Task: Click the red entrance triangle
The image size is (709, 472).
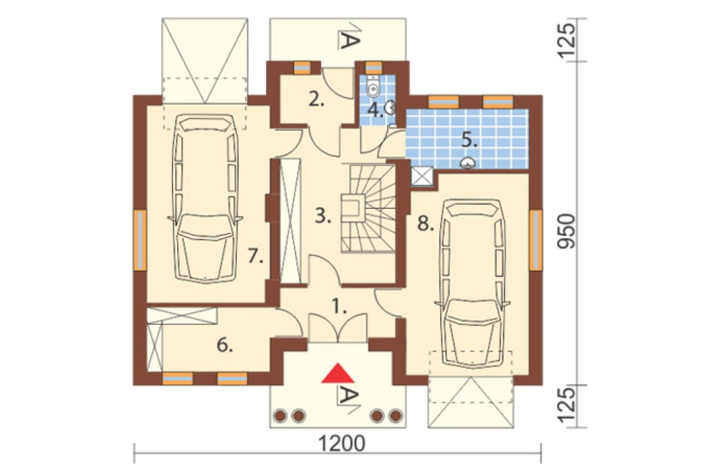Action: (x=337, y=373)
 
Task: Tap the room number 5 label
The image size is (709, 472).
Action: (x=469, y=141)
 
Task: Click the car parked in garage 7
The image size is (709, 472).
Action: (x=206, y=198)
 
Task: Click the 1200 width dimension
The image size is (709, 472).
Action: (x=342, y=443)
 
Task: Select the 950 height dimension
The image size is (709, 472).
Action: (x=566, y=231)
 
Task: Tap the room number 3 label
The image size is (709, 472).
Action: (x=323, y=216)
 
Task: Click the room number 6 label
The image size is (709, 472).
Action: (x=225, y=345)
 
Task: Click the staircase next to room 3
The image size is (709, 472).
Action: (x=368, y=209)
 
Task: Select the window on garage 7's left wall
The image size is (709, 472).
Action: (x=140, y=240)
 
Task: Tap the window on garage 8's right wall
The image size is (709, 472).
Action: (x=536, y=240)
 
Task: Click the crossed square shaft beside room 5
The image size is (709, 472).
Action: (x=423, y=176)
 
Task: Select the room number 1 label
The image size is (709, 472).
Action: (x=340, y=308)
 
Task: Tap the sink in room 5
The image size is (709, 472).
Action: (x=467, y=163)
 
